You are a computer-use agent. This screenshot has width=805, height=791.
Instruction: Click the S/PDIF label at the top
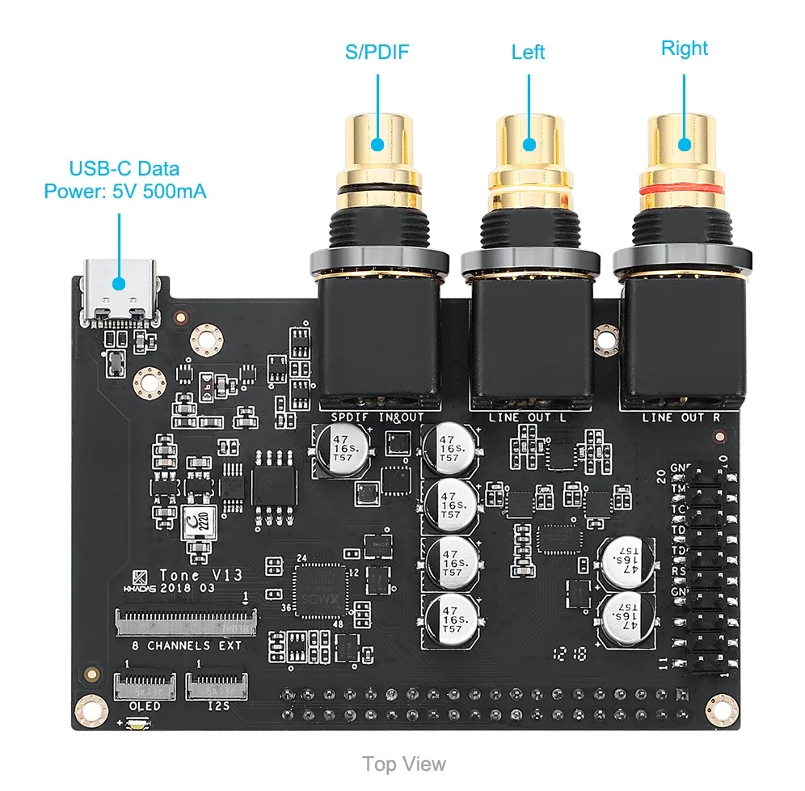click(x=377, y=53)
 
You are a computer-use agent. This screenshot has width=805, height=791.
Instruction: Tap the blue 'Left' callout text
click(x=529, y=53)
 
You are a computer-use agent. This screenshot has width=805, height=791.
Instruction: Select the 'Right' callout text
click(x=684, y=49)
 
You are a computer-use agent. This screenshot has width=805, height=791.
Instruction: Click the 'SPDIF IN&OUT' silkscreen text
click(x=377, y=417)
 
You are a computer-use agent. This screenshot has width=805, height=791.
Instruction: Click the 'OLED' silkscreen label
click(x=145, y=706)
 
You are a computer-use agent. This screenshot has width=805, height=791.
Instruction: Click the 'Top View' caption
click(x=403, y=764)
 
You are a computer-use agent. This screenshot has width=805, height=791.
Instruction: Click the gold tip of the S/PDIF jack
click(x=377, y=144)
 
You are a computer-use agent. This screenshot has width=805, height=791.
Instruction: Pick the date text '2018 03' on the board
click(x=188, y=589)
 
